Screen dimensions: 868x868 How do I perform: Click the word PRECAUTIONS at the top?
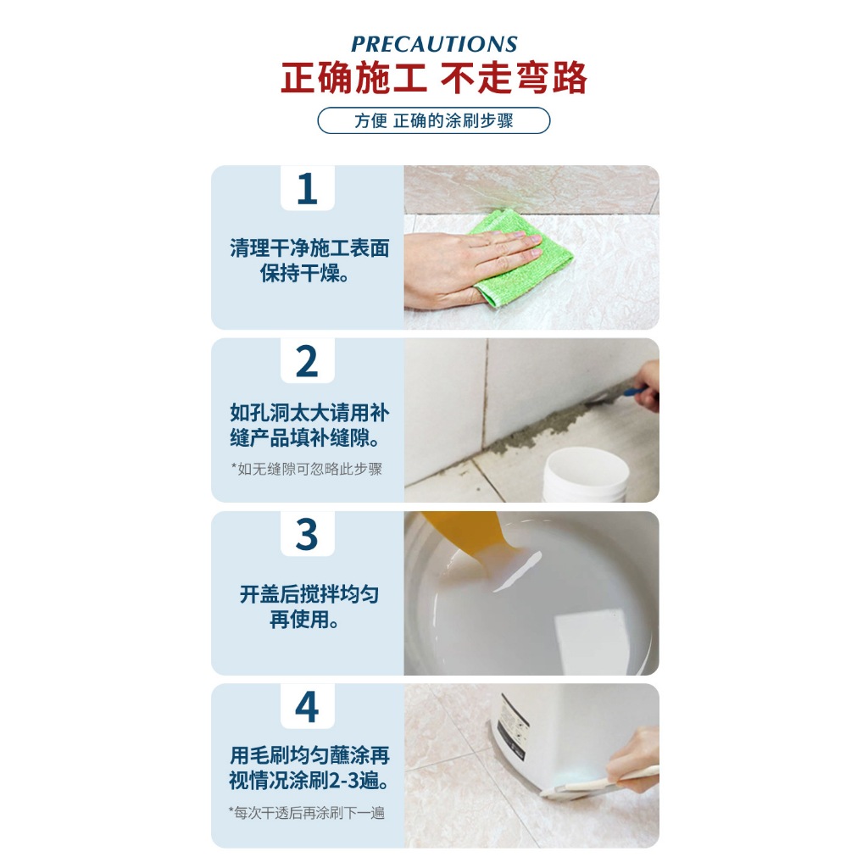click(x=434, y=44)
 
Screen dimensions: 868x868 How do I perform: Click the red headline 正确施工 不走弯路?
click(x=434, y=77)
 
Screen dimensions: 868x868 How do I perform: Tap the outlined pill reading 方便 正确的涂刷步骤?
click(x=434, y=120)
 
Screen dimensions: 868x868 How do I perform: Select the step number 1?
click(x=307, y=189)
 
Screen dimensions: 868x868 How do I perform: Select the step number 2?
click(x=307, y=361)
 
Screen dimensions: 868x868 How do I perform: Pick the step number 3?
click(x=307, y=535)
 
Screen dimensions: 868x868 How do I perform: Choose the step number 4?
click(x=307, y=707)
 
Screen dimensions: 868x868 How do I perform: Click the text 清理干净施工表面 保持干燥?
click(x=309, y=260)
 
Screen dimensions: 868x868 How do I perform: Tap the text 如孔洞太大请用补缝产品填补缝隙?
click(x=309, y=426)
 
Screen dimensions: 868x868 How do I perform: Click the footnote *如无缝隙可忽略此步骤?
click(x=307, y=469)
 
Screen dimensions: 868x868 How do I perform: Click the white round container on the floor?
click(x=586, y=475)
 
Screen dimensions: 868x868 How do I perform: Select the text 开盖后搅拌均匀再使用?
click(x=309, y=607)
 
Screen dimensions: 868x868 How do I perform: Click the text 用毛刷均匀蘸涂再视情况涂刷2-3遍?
click(x=309, y=768)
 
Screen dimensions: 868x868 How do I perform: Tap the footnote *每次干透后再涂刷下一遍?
click(x=307, y=813)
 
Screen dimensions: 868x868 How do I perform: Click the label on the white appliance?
click(x=511, y=726)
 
